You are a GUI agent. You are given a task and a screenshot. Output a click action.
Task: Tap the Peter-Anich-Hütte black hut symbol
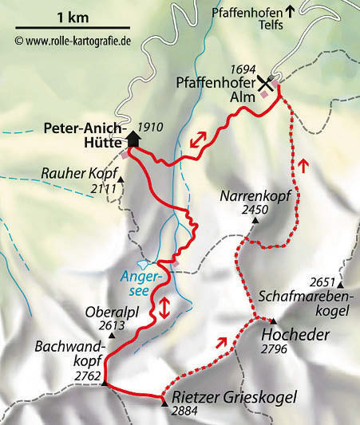[133, 139]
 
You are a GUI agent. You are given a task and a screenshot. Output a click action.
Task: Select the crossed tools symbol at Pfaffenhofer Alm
[265, 85]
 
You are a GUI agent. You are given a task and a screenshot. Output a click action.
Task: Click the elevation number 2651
[327, 281]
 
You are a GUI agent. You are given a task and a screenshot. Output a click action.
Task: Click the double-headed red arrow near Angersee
[164, 307]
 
